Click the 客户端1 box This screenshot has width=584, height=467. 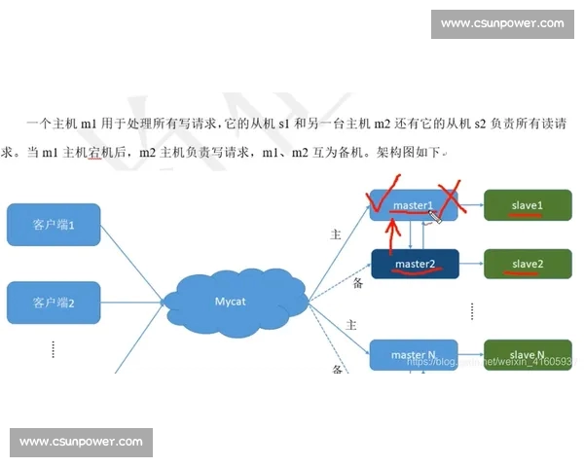click(54, 225)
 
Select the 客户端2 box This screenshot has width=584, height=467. click(54, 302)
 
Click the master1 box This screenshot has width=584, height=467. click(413, 206)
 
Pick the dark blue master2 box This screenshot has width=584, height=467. click(414, 264)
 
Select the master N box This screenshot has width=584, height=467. click(413, 355)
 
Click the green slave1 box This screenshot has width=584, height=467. click(527, 206)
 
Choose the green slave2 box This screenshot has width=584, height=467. click(527, 264)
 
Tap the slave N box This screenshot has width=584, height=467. click(527, 355)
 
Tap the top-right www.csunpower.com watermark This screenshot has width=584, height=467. click(501, 23)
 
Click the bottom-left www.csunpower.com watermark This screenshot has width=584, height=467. click(81, 442)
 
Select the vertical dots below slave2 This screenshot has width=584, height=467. click(472, 310)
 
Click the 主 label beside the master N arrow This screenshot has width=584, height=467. click(338, 323)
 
